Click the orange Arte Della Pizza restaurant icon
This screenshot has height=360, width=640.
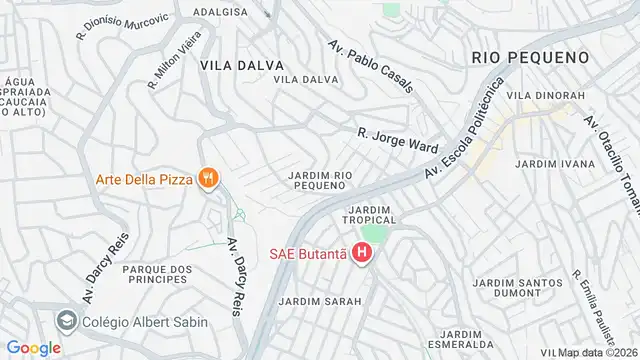coord(207,179)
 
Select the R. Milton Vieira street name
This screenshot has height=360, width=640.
coord(175,67)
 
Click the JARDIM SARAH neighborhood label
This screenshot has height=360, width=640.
coord(313,300)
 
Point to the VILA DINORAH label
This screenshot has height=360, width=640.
coord(545,95)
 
